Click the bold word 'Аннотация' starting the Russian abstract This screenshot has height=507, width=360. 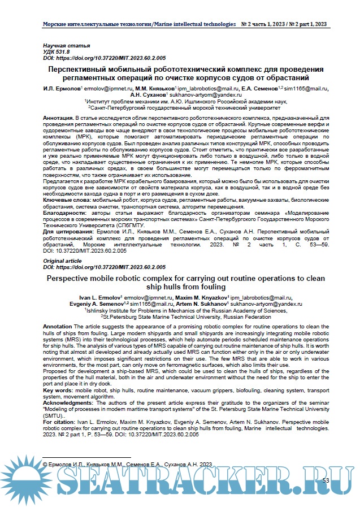[57, 116]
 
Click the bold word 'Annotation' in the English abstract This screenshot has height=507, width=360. [58, 327]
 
